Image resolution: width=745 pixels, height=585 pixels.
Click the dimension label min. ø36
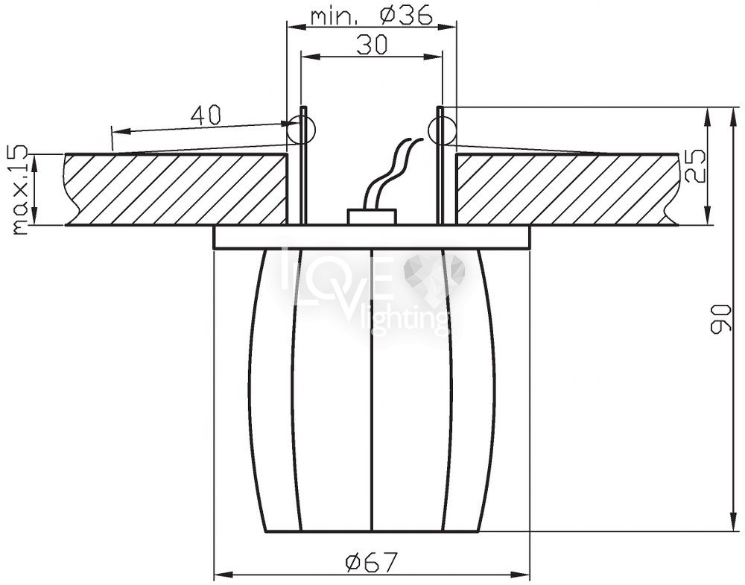click(x=372, y=16)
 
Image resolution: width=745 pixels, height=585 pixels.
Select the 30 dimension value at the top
click(x=372, y=45)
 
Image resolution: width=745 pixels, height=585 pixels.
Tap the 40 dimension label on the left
click(x=206, y=116)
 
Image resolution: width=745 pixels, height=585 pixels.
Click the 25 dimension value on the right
click(x=693, y=166)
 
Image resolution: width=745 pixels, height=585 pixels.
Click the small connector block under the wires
click(x=372, y=216)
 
